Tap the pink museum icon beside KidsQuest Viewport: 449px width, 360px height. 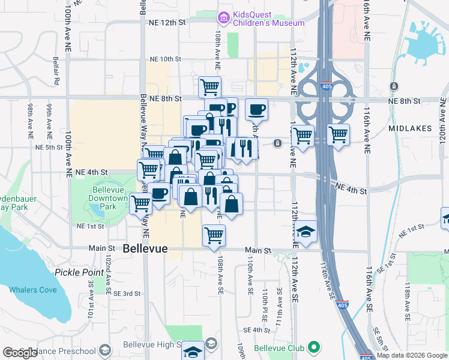point(224,19)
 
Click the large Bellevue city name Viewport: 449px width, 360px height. point(145,248)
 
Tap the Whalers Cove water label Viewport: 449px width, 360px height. point(33,290)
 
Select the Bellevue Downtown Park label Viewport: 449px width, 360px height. point(104,199)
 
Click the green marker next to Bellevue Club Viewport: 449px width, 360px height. point(313,347)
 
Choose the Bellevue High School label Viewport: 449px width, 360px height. point(149,344)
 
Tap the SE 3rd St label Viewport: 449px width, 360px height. point(128,293)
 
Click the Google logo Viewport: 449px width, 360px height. point(20,353)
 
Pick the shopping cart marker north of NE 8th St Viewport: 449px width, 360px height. point(210,86)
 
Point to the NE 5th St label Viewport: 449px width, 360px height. point(49,147)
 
